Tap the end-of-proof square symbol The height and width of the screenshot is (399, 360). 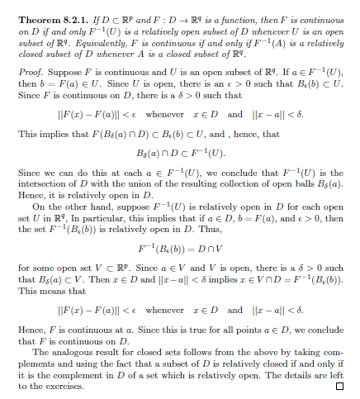click(339, 386)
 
